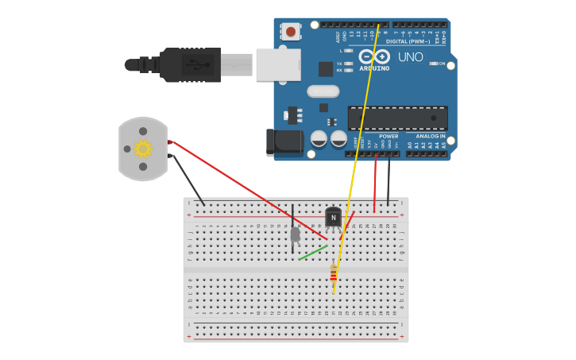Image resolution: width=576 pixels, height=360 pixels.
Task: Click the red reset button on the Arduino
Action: coord(291,32)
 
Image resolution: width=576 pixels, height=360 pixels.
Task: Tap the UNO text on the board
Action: coord(410,57)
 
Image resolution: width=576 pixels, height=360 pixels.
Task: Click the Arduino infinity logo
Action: coord(373,56)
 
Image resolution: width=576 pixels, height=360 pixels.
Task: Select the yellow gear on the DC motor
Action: coord(143,149)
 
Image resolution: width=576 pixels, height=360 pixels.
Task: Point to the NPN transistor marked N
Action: coord(334,217)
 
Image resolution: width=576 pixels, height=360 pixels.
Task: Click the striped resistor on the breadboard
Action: coord(334,274)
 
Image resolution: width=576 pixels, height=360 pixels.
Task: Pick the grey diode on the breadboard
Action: coord(296,234)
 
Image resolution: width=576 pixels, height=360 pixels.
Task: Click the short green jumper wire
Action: coord(312,253)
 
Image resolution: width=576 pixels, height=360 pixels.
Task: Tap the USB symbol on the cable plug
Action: coord(193,63)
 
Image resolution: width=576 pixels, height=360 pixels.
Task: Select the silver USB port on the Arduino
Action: coord(278,64)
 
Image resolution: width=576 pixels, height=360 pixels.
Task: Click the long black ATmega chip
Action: coord(397,118)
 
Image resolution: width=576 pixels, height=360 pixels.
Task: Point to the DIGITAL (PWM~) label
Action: coord(408,41)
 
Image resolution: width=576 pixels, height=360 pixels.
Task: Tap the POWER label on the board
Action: coord(389,136)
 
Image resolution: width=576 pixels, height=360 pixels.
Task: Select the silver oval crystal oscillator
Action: coord(323,91)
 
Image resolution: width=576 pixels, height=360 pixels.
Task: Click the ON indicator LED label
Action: coord(442,64)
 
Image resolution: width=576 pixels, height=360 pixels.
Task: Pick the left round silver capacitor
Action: coord(319,138)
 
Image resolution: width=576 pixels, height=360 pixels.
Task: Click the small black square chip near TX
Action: coord(326,69)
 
